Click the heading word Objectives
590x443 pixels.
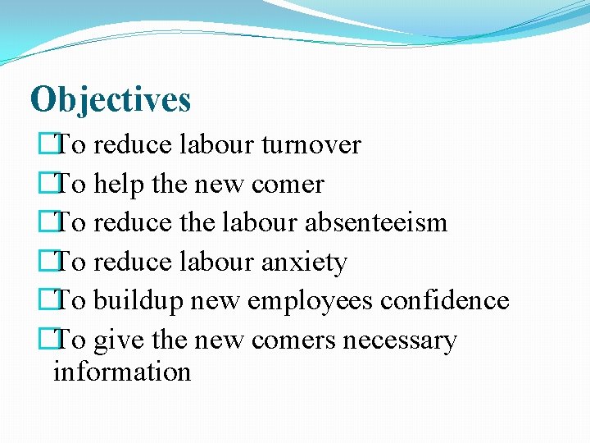(111, 100)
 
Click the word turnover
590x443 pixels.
(311, 145)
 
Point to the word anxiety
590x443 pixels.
(304, 263)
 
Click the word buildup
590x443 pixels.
(138, 301)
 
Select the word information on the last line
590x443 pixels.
(121, 372)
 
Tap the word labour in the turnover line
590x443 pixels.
(216, 145)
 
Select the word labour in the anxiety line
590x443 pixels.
(216, 263)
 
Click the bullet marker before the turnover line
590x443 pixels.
(57, 146)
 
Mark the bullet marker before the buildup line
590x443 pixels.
(57, 301)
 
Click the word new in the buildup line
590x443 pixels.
(215, 301)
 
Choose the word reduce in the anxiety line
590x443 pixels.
(132, 263)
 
